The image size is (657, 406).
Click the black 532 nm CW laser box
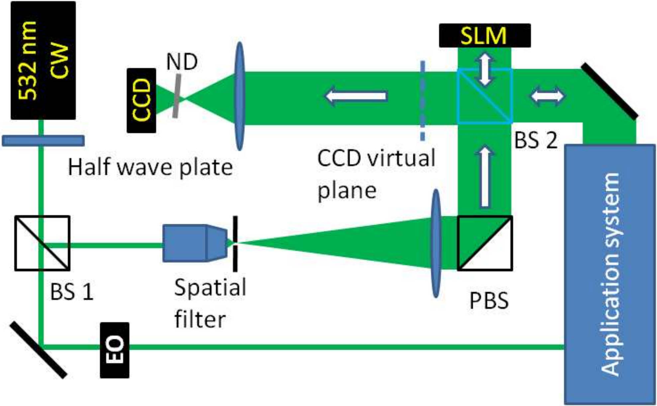pyautogui.click(x=43, y=60)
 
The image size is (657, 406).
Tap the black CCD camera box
pyautogui.click(x=141, y=101)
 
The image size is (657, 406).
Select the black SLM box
pyautogui.click(x=484, y=36)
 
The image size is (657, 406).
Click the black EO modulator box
pyautogui.click(x=115, y=350)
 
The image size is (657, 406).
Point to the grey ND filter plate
pyautogui.click(x=177, y=96)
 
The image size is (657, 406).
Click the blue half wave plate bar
pyautogui.click(x=43, y=141)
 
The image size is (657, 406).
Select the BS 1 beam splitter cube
pyautogui.click(x=43, y=243)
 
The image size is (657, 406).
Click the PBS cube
pyautogui.click(x=485, y=243)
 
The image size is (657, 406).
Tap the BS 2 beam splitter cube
pyautogui.click(x=485, y=96)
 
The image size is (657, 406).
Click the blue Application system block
pyautogui.click(x=610, y=274)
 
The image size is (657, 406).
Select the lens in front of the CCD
pyautogui.click(x=239, y=96)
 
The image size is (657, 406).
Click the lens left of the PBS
pyautogui.click(x=436, y=243)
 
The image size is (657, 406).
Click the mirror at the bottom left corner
pyautogui.click(x=38, y=350)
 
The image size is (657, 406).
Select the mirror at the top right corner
pyautogui.click(x=609, y=91)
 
